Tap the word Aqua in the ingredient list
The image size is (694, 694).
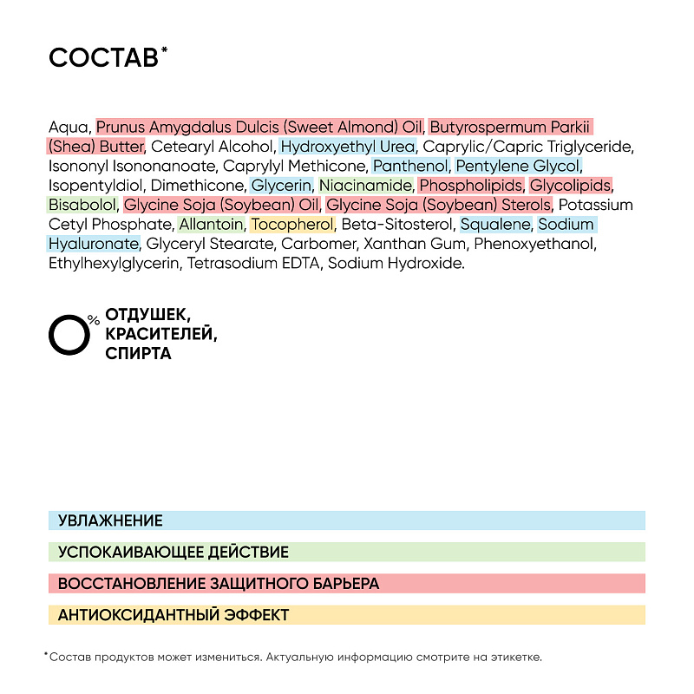[x=69, y=127]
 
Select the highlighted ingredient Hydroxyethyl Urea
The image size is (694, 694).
[x=348, y=147]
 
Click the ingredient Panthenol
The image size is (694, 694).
[x=411, y=166]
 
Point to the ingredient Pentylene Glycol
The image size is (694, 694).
[x=518, y=166]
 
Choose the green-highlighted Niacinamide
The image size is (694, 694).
[x=365, y=186]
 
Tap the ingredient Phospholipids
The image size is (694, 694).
[x=471, y=186]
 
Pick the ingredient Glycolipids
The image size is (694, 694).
[x=571, y=186]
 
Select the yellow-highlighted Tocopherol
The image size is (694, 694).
[x=292, y=225]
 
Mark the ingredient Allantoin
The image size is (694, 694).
[x=211, y=225]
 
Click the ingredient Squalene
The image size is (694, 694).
[x=494, y=225]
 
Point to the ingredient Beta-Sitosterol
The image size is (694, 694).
[x=396, y=225]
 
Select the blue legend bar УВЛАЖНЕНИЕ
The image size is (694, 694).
[x=347, y=520]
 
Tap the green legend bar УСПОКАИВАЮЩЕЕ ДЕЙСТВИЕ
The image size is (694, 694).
[x=347, y=552]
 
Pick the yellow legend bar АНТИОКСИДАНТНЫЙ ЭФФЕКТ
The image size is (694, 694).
[x=347, y=614]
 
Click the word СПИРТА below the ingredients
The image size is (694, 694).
[x=138, y=354]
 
